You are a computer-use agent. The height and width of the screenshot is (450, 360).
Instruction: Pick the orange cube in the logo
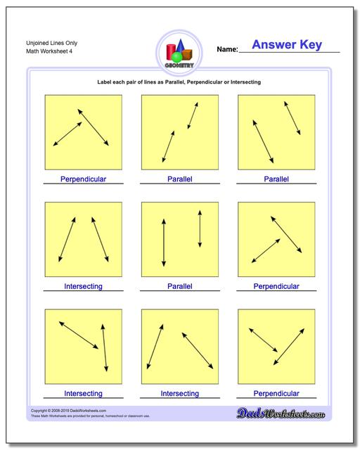coord(190,52)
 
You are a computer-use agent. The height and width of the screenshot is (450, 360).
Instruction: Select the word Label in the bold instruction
coord(105,82)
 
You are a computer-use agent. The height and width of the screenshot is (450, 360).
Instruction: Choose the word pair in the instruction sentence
coord(131,82)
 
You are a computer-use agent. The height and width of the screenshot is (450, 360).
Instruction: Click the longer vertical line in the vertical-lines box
coord(163,242)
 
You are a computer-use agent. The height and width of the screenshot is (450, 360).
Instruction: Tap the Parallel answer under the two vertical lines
coord(179,286)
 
